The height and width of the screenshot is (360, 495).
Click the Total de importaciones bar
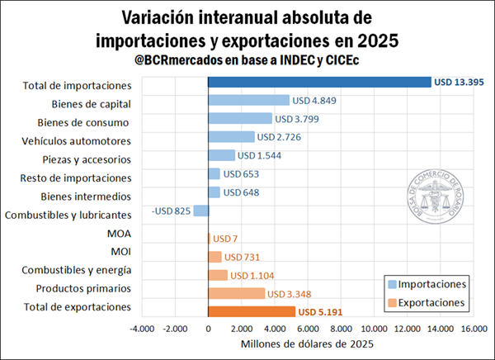[x=319, y=82]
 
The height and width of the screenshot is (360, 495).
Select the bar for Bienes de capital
[x=248, y=100]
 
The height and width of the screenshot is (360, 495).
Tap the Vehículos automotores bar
[x=231, y=136]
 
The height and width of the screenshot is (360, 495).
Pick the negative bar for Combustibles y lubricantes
[x=201, y=211]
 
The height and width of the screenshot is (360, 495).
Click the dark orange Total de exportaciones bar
[x=252, y=311]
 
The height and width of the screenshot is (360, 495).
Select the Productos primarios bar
[x=237, y=293]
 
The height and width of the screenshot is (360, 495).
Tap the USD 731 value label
[x=243, y=257]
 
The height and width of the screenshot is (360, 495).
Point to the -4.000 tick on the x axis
[x=142, y=329]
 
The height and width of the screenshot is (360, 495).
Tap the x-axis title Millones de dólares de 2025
[x=308, y=344]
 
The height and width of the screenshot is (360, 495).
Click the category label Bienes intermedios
[x=86, y=197]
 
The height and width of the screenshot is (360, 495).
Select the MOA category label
[x=119, y=234]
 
